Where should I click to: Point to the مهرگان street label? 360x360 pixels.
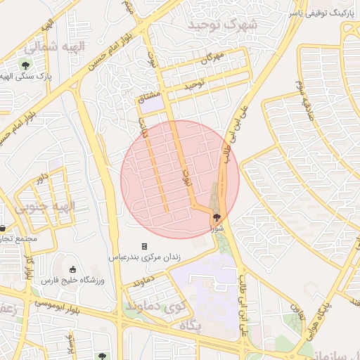click(212, 58)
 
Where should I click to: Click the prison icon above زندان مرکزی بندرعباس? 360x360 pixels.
click(145, 247)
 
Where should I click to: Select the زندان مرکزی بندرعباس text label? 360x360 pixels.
click(144, 257)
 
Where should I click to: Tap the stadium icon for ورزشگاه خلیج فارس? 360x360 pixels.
click(74, 269)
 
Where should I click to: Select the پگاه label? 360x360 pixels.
click(191, 327)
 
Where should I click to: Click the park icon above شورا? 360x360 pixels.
click(215, 218)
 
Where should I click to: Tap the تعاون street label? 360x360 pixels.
click(297, 310)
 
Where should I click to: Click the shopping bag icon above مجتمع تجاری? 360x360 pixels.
click(3, 228)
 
